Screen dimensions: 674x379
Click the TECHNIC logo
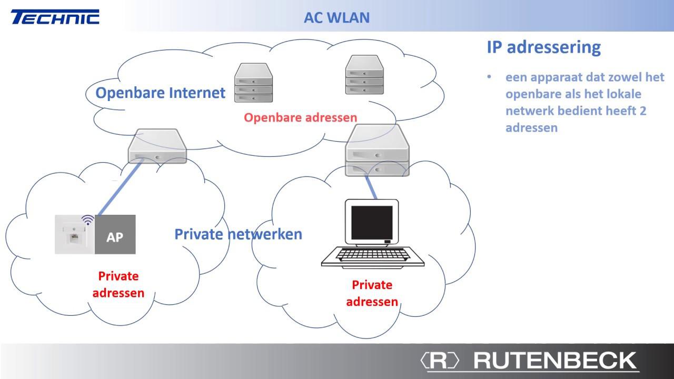pyautogui.click(x=55, y=17)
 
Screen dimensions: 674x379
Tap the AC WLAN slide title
pyautogui.click(x=336, y=18)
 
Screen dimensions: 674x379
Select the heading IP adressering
pyautogui.click(x=544, y=47)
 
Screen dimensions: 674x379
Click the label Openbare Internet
pyautogui.click(x=161, y=93)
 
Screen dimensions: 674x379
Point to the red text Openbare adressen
pyautogui.click(x=300, y=117)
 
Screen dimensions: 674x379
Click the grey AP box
pyautogui.click(x=115, y=234)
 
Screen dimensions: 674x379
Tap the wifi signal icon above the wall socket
pyautogui.click(x=88, y=220)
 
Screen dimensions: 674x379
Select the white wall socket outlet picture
pyautogui.click(x=75, y=234)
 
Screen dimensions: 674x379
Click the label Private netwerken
pyautogui.click(x=239, y=234)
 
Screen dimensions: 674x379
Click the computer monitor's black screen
pyautogui.click(x=372, y=223)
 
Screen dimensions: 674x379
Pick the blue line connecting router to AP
pyautogui.click(x=120, y=188)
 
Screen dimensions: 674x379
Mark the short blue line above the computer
pyautogui.click(x=371, y=186)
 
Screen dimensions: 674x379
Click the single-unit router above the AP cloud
pyautogui.click(x=157, y=146)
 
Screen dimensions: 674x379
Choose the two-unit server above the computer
pyautogui.click(x=378, y=150)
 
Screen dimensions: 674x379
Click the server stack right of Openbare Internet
pyautogui.click(x=254, y=83)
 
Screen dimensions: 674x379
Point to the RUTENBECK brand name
pyautogui.click(x=555, y=360)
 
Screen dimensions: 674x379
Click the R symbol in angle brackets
pyautogui.click(x=440, y=360)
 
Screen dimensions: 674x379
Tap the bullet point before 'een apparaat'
pyautogui.click(x=489, y=77)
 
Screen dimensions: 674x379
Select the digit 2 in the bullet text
pyautogui.click(x=643, y=111)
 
